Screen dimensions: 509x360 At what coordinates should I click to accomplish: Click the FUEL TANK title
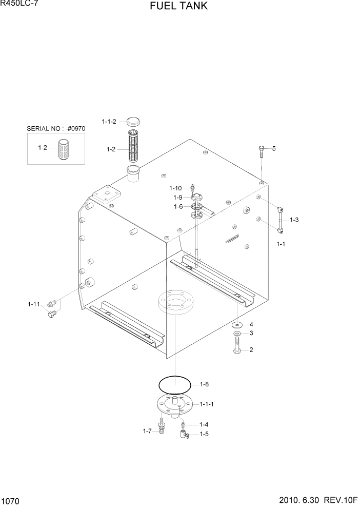179,7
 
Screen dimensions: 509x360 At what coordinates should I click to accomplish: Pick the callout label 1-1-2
109,122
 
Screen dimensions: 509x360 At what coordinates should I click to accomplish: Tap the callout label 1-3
294,220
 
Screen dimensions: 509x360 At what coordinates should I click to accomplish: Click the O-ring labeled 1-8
174,384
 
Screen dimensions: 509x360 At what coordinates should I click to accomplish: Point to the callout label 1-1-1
207,404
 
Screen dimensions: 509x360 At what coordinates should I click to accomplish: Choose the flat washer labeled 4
238,325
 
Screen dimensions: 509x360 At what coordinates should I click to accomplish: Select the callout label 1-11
33,304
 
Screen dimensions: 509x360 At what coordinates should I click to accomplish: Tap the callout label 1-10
175,188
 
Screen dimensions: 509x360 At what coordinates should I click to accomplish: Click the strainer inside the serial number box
63,148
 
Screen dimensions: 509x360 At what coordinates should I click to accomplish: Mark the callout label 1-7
148,431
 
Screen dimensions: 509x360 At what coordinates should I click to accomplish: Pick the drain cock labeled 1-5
184,435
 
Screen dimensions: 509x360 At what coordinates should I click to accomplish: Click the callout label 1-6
178,206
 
